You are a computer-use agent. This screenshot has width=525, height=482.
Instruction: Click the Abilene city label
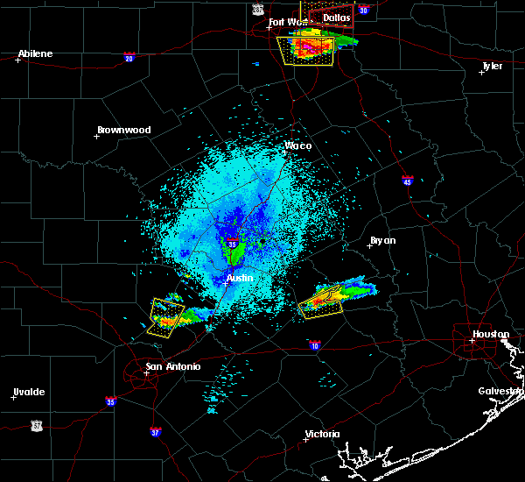point(35,53)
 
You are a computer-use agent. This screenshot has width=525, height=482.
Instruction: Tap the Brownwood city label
point(123,130)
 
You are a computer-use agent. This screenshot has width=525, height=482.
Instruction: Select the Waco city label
point(298,145)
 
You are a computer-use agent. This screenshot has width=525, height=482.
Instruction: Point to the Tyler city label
point(493,65)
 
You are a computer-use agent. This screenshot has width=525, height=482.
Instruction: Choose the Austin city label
point(240,278)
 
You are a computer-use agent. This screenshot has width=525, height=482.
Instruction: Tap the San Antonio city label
point(172,366)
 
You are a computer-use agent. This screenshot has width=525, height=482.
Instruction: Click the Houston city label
point(491,334)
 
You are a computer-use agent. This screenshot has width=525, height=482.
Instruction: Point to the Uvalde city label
point(28,392)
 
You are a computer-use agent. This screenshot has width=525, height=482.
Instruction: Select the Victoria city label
point(322,434)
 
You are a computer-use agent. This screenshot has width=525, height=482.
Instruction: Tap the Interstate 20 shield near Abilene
point(129,58)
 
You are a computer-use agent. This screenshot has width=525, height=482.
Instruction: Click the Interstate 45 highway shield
point(408,181)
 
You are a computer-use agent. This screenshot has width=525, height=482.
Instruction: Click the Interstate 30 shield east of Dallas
point(363,11)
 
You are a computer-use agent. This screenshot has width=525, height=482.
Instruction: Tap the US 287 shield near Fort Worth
point(257,8)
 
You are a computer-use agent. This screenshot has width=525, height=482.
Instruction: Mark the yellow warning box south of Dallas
point(305,50)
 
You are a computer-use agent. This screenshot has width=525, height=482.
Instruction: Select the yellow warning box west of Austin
point(166,316)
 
